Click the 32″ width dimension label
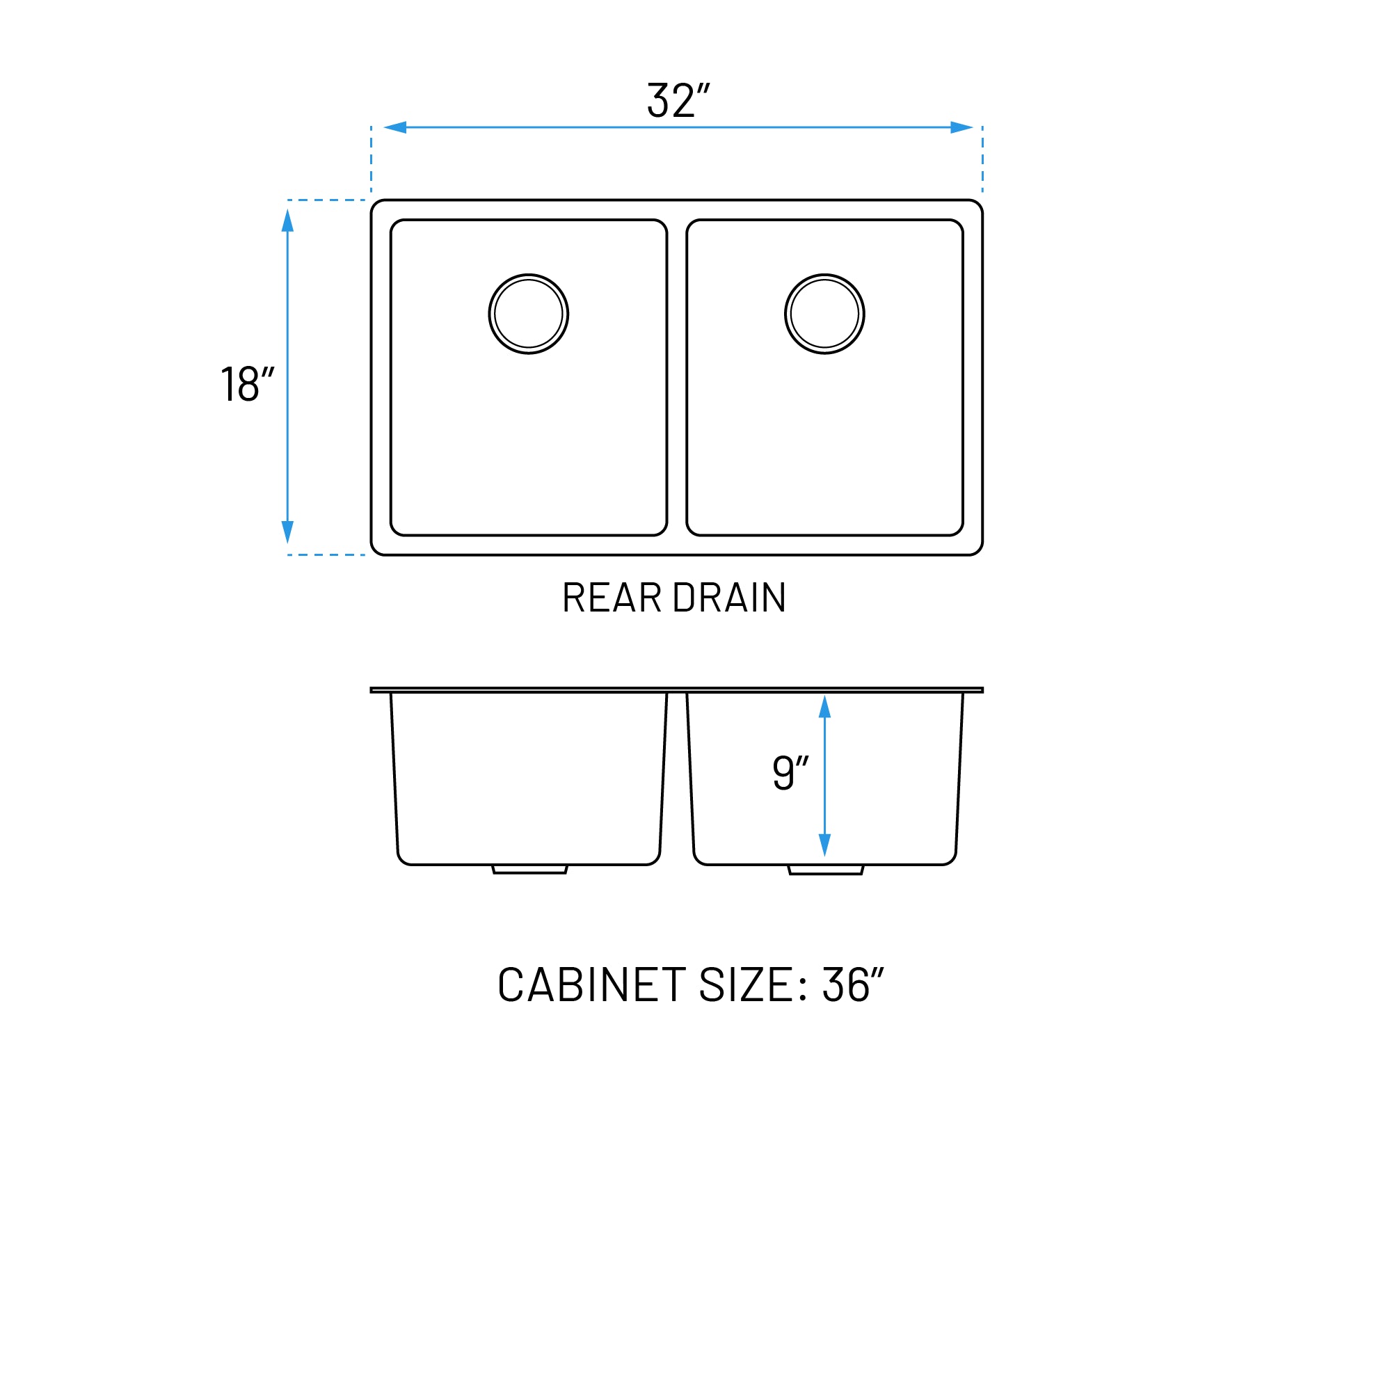point(678,100)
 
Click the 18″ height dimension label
point(247,385)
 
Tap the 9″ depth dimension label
point(790,773)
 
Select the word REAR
point(612,598)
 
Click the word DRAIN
point(729,598)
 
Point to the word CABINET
point(592,985)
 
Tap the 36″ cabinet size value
point(853,985)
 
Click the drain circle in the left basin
point(528,314)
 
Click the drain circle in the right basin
point(824,314)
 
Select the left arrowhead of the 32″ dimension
point(395,127)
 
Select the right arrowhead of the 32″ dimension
point(961,127)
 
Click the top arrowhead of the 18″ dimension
point(287,221)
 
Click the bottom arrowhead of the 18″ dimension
point(287,532)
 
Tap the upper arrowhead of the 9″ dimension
point(824,706)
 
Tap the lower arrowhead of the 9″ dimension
point(824,844)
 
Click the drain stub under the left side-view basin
point(529,869)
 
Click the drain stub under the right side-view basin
point(826,869)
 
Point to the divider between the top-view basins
point(676,377)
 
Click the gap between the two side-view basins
point(677,779)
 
